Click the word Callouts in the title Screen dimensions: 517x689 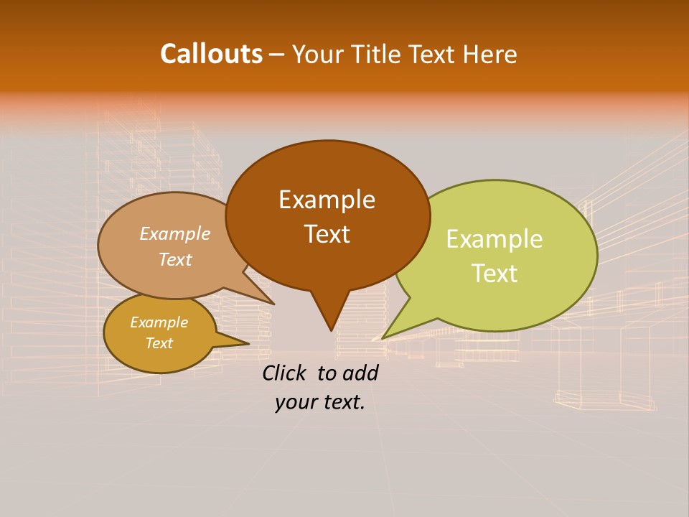click(x=211, y=54)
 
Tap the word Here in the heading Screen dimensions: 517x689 click(x=490, y=54)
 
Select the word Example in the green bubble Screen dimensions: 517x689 click(x=495, y=239)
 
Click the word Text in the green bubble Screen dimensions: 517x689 click(x=495, y=274)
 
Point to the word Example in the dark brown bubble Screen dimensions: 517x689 click(x=327, y=200)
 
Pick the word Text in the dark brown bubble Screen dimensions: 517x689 click(x=327, y=234)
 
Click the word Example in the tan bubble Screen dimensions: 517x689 click(x=174, y=234)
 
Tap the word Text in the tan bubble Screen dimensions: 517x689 click(x=174, y=259)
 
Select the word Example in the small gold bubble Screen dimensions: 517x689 click(x=159, y=322)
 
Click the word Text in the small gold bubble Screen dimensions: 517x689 click(x=159, y=343)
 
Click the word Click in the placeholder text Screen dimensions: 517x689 click(x=286, y=373)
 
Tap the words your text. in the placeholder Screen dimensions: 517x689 click(x=320, y=403)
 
